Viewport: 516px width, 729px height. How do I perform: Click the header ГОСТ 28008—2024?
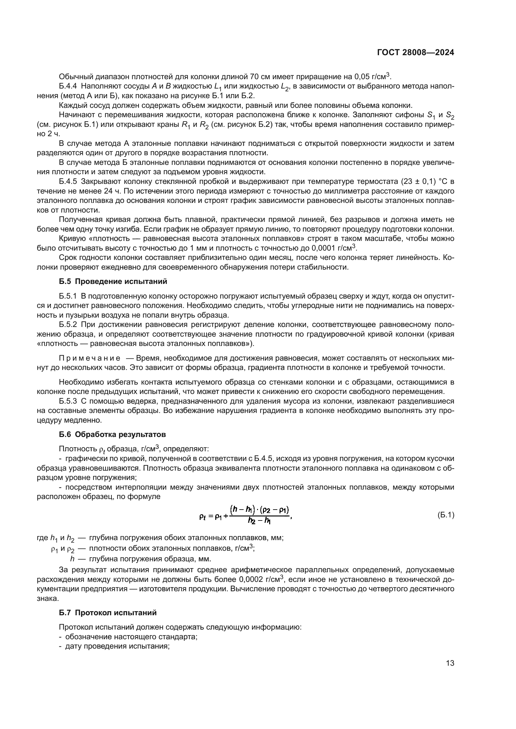click(x=416, y=53)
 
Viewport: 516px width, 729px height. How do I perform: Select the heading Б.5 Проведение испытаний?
click(x=113, y=281)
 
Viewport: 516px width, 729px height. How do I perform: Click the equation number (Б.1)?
click(x=446, y=515)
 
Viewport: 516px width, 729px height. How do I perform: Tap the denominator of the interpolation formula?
click(x=259, y=521)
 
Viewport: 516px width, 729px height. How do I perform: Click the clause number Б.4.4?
click(x=68, y=86)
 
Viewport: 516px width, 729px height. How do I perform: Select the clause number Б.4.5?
click(x=68, y=181)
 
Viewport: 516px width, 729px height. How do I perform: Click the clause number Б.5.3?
click(x=68, y=401)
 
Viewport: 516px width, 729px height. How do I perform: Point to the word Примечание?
click(x=90, y=358)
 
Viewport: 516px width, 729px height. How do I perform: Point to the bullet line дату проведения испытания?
click(x=117, y=646)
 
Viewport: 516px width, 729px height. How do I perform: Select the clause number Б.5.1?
click(x=68, y=296)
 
